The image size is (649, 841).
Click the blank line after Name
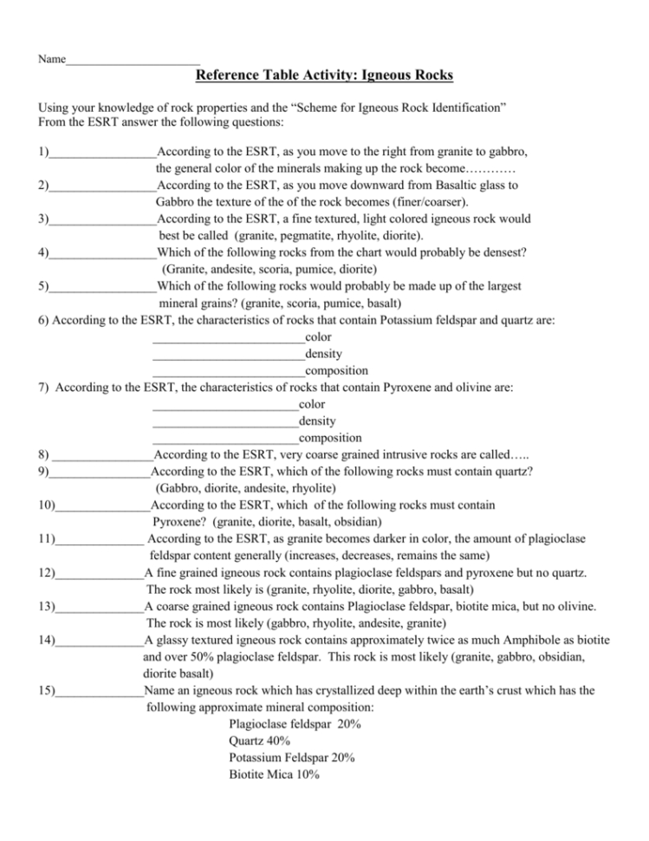pos(133,61)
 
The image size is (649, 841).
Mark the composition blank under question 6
pos(228,371)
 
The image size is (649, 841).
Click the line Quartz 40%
pos(260,740)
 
